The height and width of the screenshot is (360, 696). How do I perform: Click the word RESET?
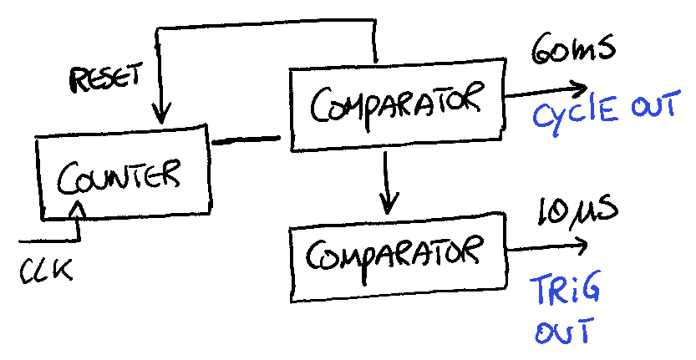pyautogui.click(x=105, y=78)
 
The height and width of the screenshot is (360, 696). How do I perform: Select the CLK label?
pyautogui.click(x=45, y=270)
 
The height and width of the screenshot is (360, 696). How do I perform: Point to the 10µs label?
pyautogui.click(x=577, y=210)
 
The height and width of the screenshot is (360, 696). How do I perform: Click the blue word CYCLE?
pyautogui.click(x=575, y=114)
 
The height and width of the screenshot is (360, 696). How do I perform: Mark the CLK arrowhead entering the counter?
pyautogui.click(x=79, y=207)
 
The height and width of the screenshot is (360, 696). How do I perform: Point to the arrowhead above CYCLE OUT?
pyautogui.click(x=580, y=89)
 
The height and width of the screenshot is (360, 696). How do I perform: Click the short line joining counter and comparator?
pyautogui.click(x=246, y=140)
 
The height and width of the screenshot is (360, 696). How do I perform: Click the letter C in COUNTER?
pyautogui.click(x=67, y=179)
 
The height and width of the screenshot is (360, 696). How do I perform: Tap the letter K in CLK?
pyautogui.click(x=63, y=270)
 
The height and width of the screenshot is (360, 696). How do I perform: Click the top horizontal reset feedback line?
pyautogui.click(x=267, y=24)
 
